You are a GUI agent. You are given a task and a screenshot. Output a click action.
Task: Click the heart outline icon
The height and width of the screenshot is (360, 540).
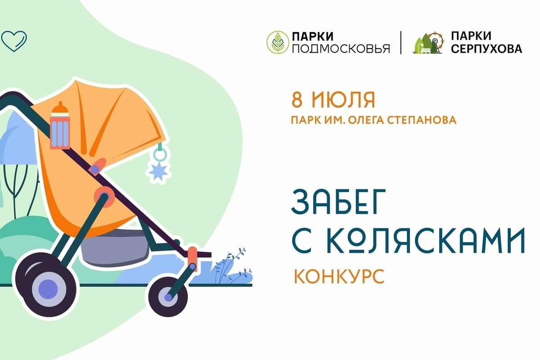click(14, 41)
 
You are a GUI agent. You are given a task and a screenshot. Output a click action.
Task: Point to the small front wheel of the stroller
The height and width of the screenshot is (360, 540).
click(168, 297)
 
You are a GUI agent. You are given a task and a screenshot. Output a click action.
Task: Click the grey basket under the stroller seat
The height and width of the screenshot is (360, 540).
click(115, 248)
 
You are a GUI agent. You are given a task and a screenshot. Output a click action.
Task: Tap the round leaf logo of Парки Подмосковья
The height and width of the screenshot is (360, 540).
click(278, 42)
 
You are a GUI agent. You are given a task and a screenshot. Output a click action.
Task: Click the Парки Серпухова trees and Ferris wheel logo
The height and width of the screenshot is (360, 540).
click(428, 43)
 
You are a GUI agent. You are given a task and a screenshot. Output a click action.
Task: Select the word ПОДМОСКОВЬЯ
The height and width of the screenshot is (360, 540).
click(341, 49)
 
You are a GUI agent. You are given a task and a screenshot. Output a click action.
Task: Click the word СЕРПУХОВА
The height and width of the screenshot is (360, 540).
click(486, 49)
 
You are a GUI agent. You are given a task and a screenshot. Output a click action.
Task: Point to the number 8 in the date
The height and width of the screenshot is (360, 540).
click(297, 100)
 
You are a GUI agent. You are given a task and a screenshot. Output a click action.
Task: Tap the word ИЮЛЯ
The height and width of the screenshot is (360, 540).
click(343, 100)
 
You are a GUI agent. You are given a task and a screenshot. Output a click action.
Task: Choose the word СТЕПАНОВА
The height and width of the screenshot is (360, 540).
click(422, 120)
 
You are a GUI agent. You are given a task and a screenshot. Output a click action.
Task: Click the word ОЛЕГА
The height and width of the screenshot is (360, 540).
click(365, 120)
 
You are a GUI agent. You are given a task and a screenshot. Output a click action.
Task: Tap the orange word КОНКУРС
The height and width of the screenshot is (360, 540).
click(339, 276)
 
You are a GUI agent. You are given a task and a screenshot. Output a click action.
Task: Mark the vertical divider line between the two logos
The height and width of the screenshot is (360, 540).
click(401, 43)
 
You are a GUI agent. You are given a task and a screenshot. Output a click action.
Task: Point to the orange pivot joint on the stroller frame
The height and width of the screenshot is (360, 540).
click(104, 197)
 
